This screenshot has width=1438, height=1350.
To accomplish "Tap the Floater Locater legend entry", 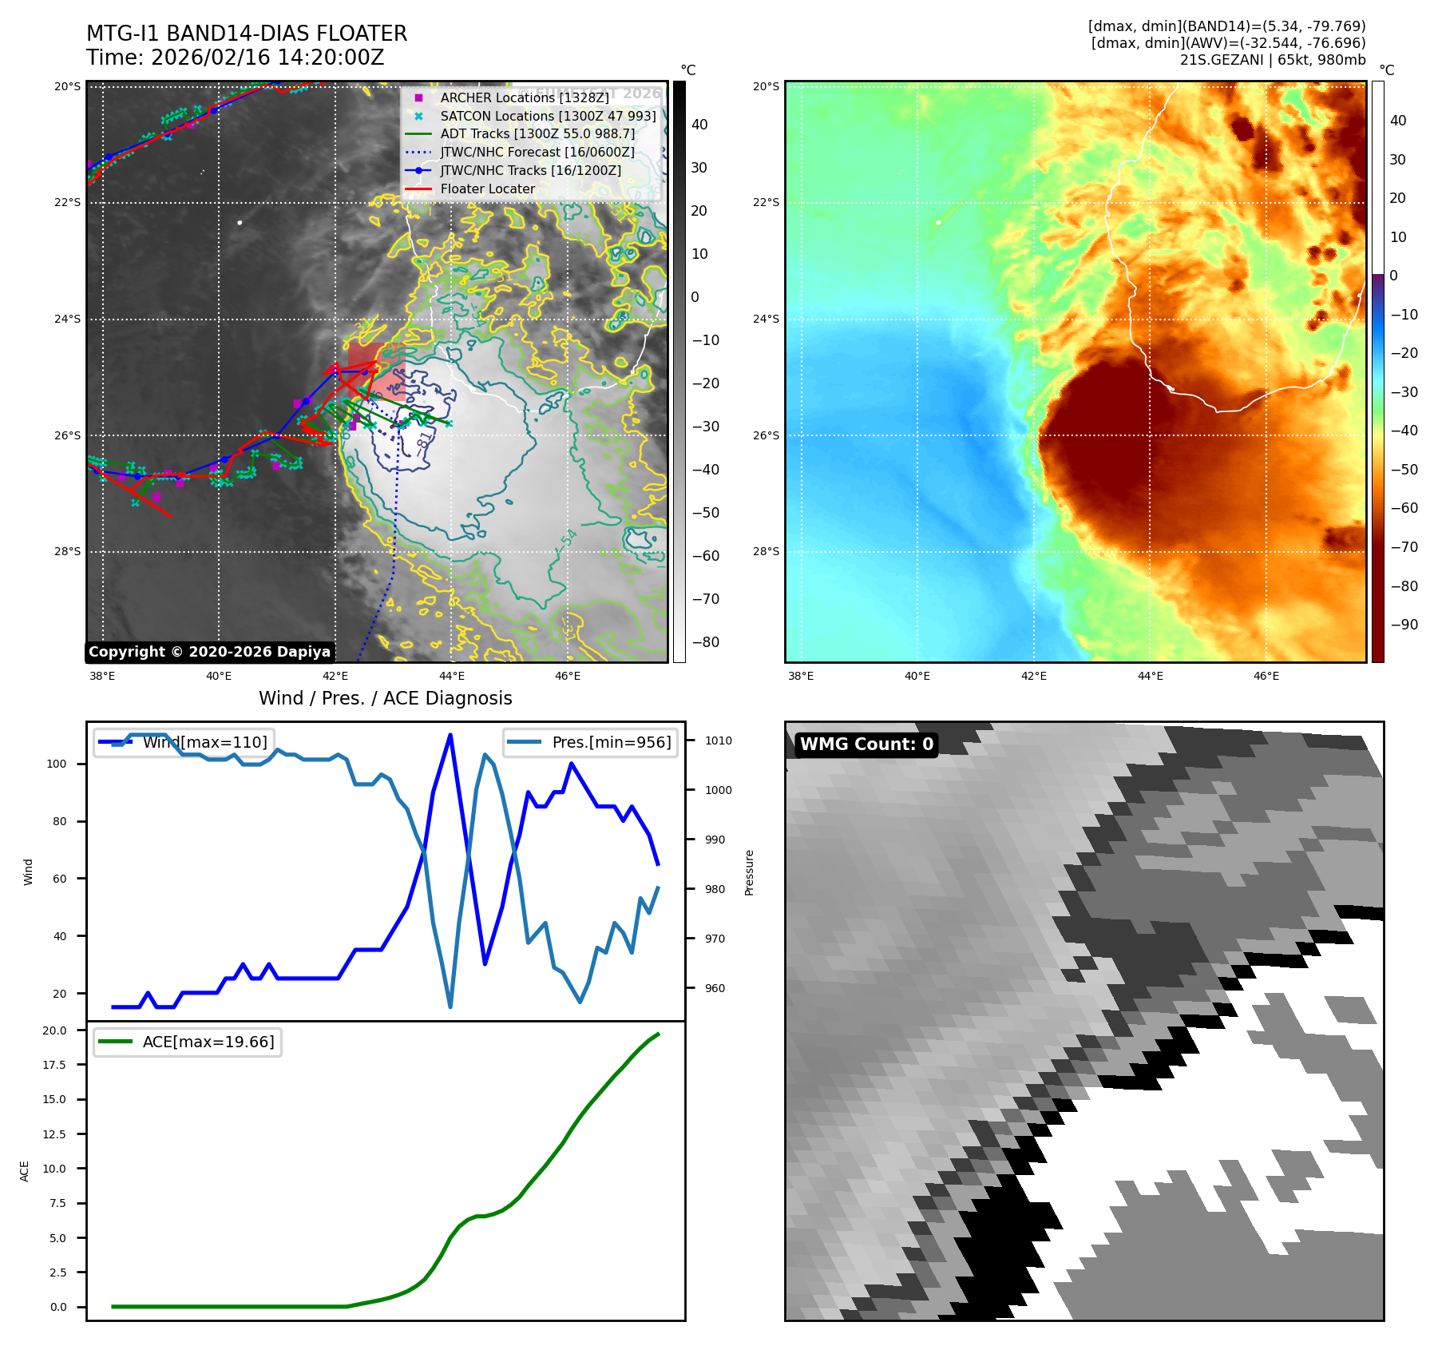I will pos(487,189).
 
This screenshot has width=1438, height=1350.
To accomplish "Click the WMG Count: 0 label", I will pos(866,744).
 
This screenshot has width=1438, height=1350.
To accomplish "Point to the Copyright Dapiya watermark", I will pos(209,652).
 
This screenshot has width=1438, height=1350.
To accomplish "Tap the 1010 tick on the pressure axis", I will pos(718,741).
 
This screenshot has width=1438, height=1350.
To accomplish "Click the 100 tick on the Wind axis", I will pos(57,764).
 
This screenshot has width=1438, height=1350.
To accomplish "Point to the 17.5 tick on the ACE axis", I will pos(54,1065).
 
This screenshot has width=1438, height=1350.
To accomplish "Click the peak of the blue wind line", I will pos(450,735).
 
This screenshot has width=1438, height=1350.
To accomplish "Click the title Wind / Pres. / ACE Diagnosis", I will pos(385,698).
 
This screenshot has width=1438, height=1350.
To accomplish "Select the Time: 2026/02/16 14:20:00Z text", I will pos(236,58).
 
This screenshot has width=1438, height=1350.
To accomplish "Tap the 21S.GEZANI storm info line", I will pos(1272,60).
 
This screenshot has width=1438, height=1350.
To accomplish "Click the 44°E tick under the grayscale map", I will pos(451,676).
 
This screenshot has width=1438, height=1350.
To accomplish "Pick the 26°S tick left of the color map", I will pos(766,435).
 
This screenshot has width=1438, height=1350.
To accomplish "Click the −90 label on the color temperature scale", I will pos(1404,625).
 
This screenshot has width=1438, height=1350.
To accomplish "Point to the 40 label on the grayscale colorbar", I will pos(699,125).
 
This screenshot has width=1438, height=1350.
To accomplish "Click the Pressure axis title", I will pos(749,872).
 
